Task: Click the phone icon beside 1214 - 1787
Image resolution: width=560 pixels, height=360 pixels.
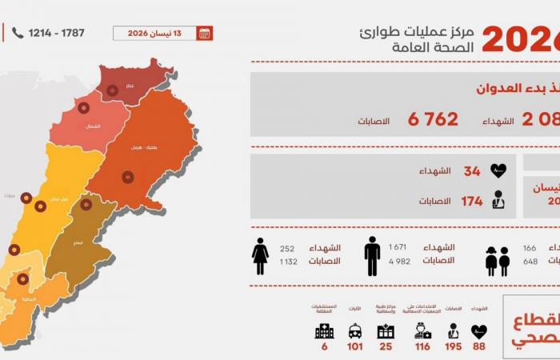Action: click(18, 33)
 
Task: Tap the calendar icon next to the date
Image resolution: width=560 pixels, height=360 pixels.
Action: click(205, 33)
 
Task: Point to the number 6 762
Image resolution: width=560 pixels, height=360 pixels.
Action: click(433, 119)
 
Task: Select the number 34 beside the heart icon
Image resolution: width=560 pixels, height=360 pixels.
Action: click(471, 171)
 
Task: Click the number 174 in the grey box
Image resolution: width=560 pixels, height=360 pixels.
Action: click(471, 201)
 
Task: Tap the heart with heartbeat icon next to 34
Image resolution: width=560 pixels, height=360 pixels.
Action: click(498, 171)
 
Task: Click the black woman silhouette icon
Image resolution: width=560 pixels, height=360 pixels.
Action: click(261, 255)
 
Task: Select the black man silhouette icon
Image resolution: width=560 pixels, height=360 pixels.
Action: click(372, 255)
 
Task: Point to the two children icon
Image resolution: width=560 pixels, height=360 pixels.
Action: click(497, 262)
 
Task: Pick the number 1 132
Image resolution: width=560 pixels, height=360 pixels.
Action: click(287, 261)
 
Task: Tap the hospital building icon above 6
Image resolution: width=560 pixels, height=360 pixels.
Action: click(324, 331)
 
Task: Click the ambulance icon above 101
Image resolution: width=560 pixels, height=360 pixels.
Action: click(354, 331)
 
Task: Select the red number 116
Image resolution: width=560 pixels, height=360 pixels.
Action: click(422, 347)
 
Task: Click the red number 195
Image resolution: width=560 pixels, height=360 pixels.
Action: click(454, 347)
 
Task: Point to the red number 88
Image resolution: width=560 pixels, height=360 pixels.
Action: click(479, 347)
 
